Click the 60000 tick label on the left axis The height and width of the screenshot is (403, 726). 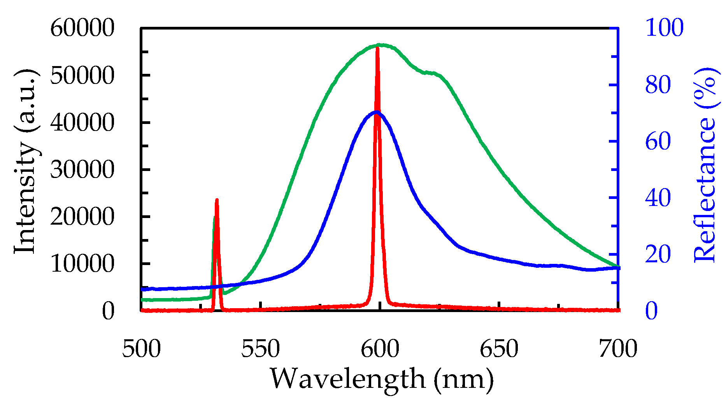coord(82,28)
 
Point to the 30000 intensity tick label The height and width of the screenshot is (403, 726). coord(82,170)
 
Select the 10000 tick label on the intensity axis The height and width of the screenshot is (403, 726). coord(82,264)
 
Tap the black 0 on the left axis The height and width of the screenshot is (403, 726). coord(108,311)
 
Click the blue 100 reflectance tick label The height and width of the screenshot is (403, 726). coord(664,28)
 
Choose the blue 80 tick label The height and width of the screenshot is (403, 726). coord(658,85)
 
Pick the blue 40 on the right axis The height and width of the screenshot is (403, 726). coord(658,198)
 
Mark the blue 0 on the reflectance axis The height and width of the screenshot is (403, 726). coord(652,311)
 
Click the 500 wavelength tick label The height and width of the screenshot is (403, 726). coord(141,349)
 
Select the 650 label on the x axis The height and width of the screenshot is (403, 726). coord(499,349)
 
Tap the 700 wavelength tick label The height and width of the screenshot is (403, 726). coord(618,349)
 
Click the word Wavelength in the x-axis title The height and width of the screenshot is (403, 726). coord(347,379)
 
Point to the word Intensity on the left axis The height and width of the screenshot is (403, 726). coord(25,198)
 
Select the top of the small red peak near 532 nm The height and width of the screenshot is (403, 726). coord(217,200)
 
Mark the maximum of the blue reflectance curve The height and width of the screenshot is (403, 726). coord(376,112)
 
